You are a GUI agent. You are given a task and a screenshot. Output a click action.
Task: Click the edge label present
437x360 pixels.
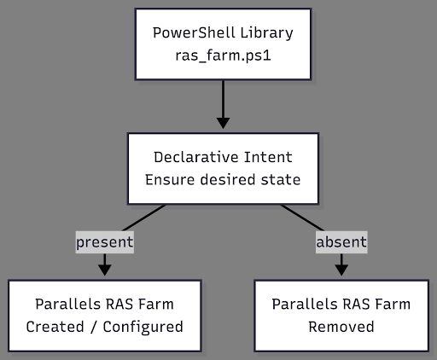(104, 242)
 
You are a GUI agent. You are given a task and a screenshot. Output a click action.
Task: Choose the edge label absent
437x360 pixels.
(341, 242)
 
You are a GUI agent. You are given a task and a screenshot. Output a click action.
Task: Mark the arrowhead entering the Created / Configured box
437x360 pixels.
(104, 269)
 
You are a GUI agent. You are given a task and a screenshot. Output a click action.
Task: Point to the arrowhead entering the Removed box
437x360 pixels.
(341, 269)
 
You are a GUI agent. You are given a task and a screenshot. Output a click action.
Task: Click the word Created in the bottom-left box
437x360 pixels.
(55, 326)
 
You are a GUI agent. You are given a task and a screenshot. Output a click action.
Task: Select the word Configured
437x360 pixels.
(140, 326)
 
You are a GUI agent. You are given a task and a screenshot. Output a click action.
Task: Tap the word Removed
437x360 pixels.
(341, 326)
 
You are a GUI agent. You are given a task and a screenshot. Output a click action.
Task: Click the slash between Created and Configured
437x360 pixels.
(90, 326)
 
